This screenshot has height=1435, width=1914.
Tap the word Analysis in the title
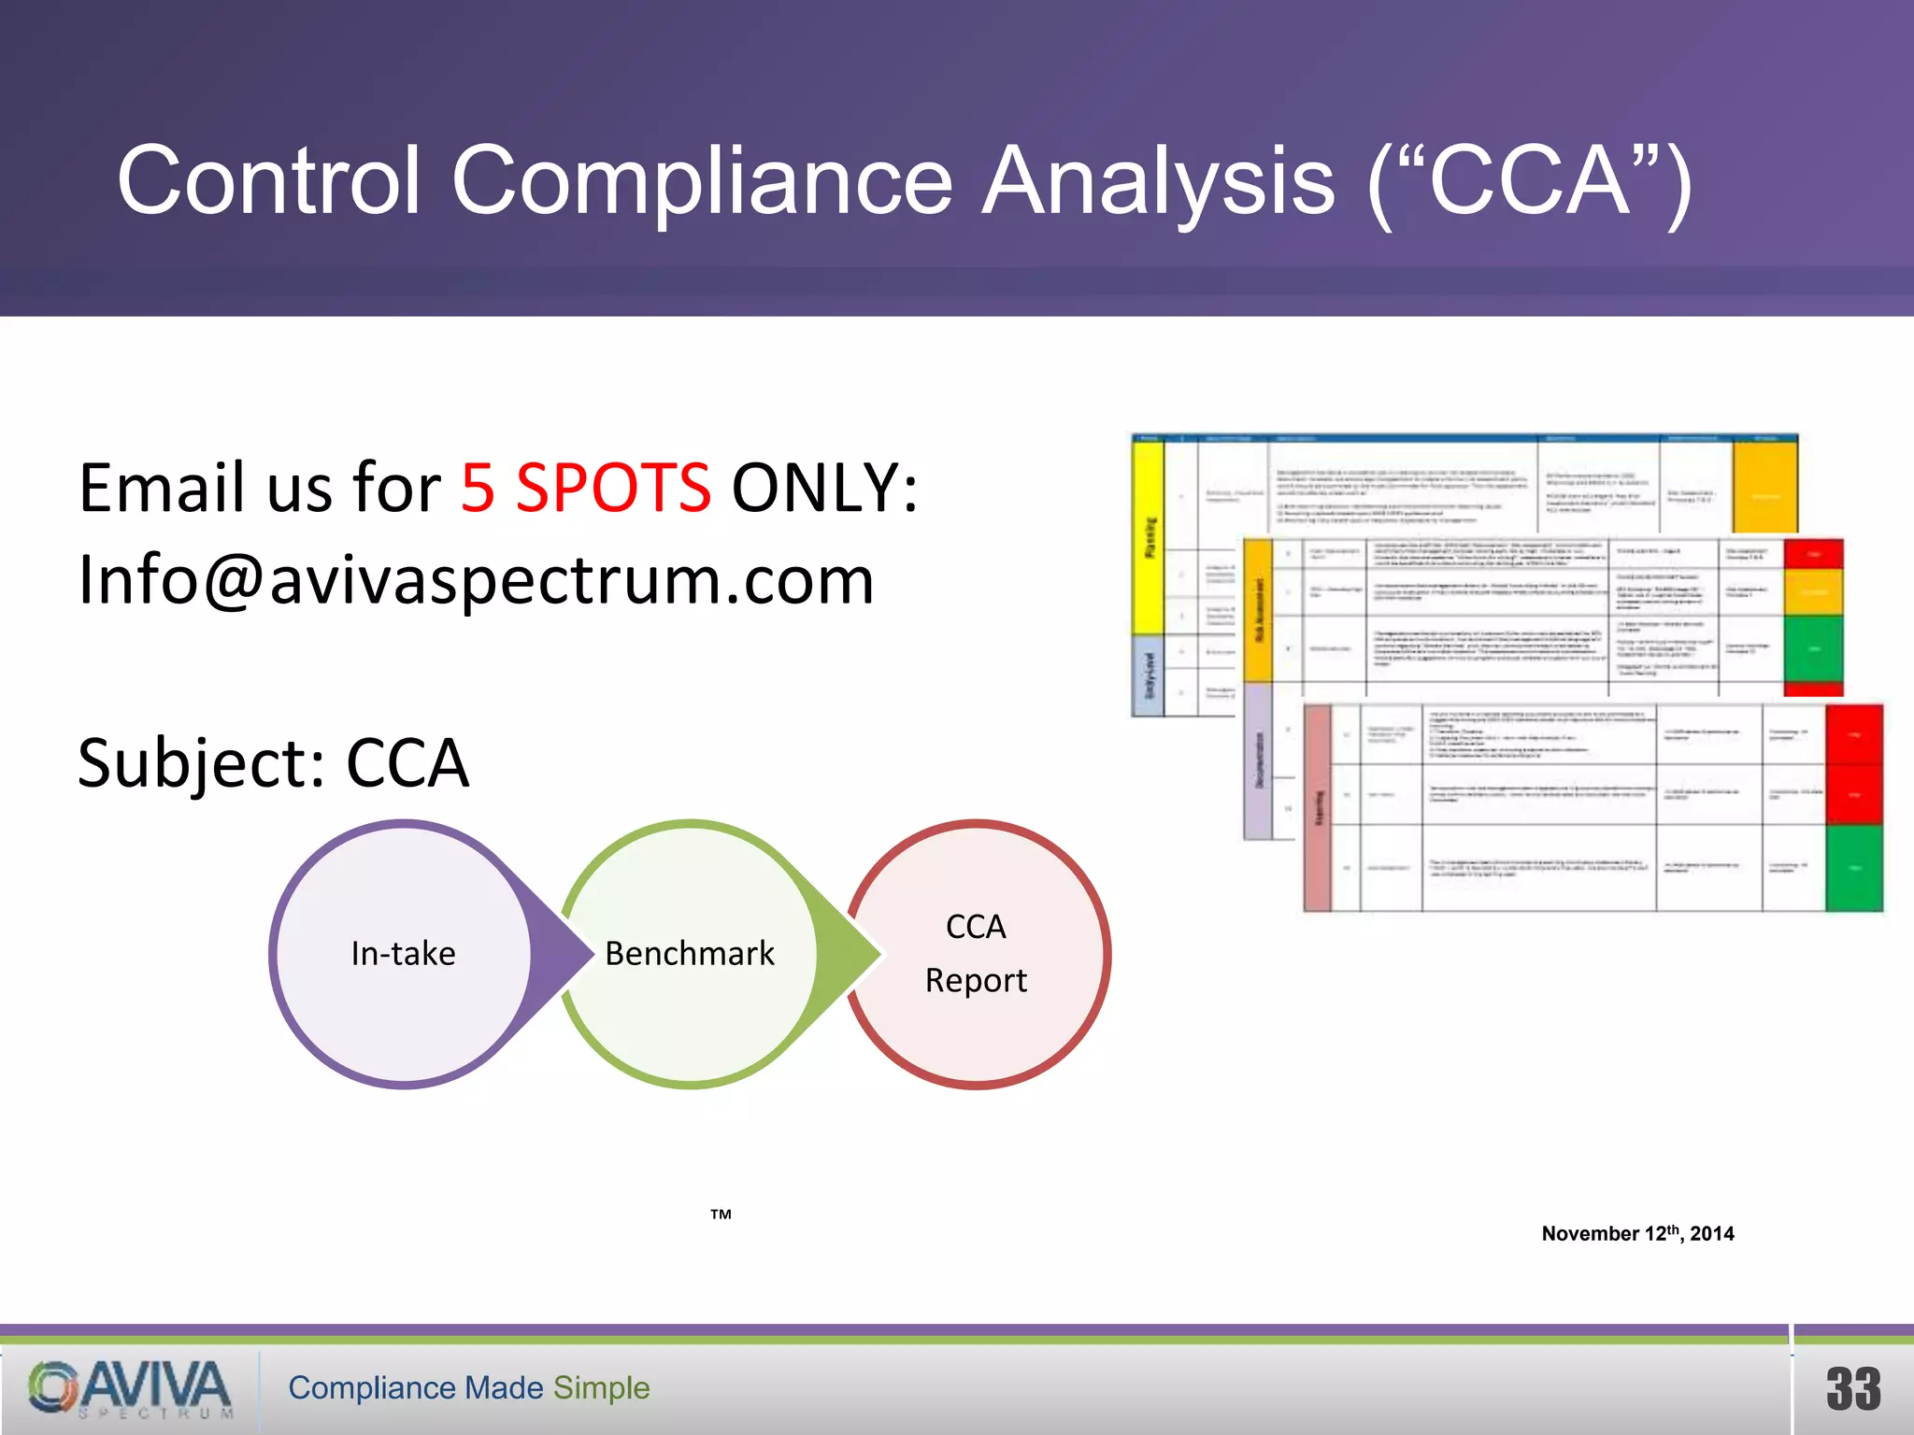1159,182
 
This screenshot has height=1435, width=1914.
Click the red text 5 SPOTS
585,488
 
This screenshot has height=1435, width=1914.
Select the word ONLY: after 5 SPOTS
824,488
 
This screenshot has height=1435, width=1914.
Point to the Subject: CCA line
273,763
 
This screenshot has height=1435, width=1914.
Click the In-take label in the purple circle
403,954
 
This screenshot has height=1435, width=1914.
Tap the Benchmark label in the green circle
689,954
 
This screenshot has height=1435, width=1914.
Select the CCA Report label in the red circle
976,954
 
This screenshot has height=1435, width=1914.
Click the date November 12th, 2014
1637,1233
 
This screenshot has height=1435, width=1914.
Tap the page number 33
1853,1389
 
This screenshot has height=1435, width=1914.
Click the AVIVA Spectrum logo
131,1388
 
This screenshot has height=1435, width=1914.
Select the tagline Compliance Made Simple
468,1388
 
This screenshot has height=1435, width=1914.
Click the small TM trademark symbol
721,1215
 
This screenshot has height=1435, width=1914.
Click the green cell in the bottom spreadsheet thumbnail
1853,868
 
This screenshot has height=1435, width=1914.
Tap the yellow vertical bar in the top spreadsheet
1149,537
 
